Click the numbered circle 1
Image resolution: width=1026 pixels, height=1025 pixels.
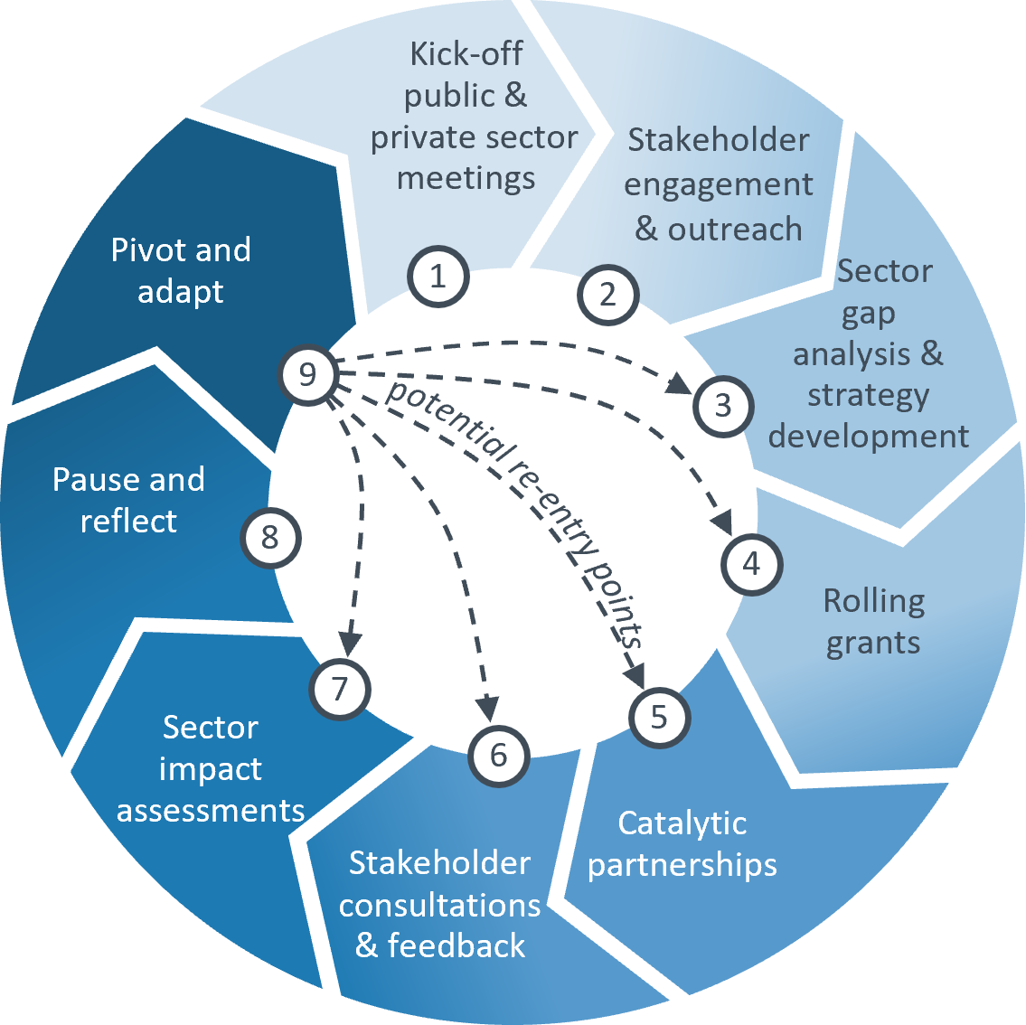point(438,277)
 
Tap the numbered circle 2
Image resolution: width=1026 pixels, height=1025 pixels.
point(607,295)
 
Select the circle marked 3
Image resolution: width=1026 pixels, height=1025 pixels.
point(723,405)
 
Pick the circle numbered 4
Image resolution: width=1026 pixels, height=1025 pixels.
point(751,565)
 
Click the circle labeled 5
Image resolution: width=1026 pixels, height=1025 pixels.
point(658,718)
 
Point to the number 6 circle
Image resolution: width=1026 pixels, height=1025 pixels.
point(499,756)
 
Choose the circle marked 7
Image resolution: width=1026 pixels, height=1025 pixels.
point(340,690)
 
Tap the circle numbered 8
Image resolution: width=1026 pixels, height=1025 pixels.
point(269,539)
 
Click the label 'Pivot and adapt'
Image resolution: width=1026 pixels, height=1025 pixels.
point(181,270)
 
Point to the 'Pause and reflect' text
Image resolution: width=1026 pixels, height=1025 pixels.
point(128,500)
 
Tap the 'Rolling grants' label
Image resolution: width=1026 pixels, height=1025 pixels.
point(873,622)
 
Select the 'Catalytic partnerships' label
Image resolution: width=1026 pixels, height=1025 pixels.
point(682,844)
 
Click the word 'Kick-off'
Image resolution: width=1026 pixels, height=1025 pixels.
point(466,54)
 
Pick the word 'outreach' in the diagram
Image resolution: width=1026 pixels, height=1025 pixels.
point(734,230)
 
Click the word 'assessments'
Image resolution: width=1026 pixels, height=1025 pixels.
point(211,810)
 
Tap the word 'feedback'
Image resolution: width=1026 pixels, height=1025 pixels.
point(457,945)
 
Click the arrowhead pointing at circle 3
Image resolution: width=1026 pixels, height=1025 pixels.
point(680,384)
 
